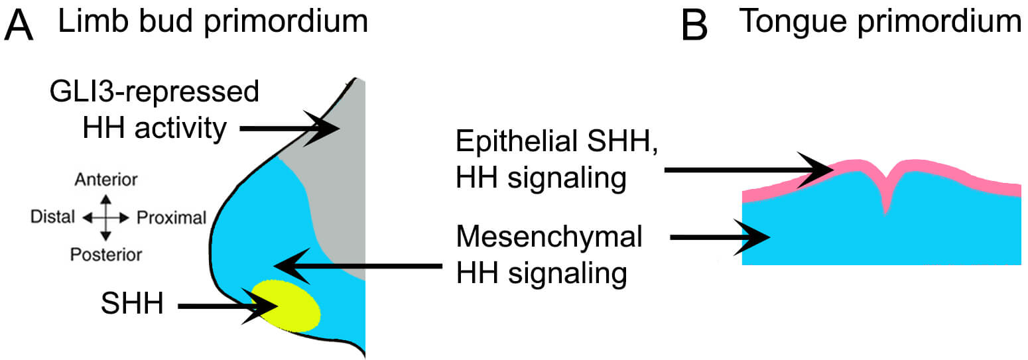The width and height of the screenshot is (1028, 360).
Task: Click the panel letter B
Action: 696,26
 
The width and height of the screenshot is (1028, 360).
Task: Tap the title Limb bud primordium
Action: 212,22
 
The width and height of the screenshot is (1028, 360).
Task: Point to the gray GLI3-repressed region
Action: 335,192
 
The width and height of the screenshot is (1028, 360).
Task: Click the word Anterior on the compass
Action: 106,180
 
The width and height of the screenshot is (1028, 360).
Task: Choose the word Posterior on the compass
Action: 106,254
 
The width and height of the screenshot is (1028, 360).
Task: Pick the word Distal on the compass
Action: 53,217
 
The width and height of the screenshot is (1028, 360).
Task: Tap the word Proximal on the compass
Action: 172,217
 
